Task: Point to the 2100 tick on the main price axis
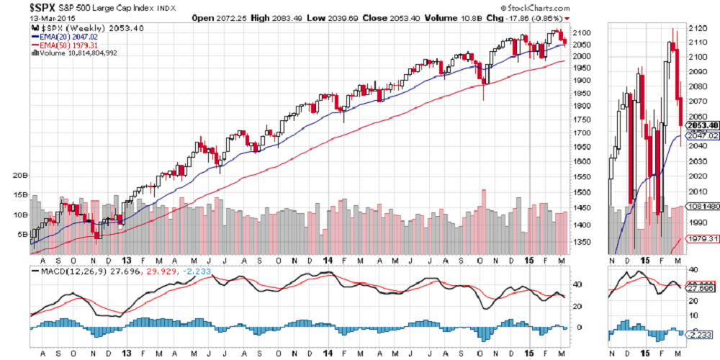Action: tap(581, 33)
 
